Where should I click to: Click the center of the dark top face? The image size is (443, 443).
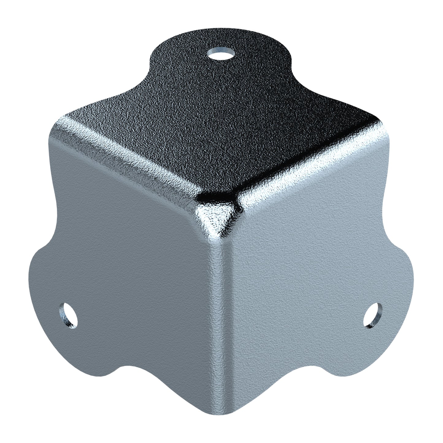pyautogui.click(x=221, y=129)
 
